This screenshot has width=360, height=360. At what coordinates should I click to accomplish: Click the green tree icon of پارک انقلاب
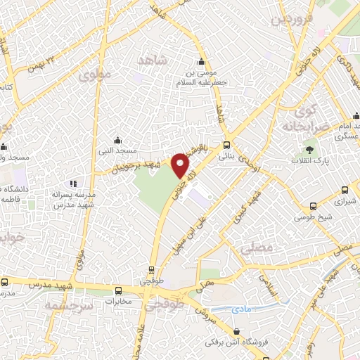coord(307,149)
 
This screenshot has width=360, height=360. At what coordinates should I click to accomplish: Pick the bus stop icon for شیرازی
coord(345,189)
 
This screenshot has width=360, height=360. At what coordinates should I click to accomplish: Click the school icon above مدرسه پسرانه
coord(72,184)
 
